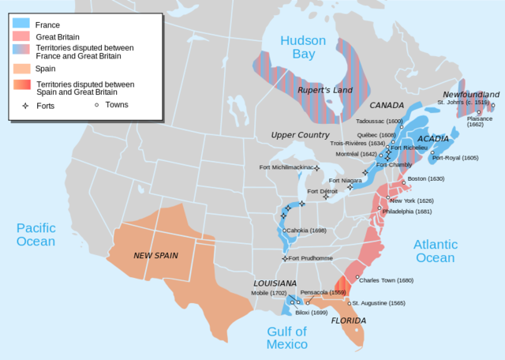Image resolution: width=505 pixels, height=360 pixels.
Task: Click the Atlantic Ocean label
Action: point(435,251)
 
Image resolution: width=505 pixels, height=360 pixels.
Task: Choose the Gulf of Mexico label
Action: point(286,338)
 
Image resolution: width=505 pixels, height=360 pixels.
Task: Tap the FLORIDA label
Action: point(348,321)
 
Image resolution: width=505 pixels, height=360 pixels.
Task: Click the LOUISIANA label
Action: point(275,283)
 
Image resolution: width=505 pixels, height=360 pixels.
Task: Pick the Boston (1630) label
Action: point(426,178)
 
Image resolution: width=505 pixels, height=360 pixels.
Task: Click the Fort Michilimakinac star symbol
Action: point(317,167)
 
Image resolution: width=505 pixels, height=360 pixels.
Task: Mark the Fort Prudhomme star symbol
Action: point(285,258)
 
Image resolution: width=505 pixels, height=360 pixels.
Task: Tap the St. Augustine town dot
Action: point(350,303)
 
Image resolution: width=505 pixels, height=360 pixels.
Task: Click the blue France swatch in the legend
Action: point(21,24)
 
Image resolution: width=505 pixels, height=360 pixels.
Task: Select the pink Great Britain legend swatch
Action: point(21,36)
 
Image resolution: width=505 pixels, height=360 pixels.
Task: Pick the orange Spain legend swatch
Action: point(21,69)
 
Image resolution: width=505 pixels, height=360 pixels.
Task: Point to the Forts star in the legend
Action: point(25,105)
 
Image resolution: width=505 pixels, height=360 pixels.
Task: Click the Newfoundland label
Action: point(471,94)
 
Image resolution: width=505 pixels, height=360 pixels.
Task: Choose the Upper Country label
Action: point(301,135)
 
